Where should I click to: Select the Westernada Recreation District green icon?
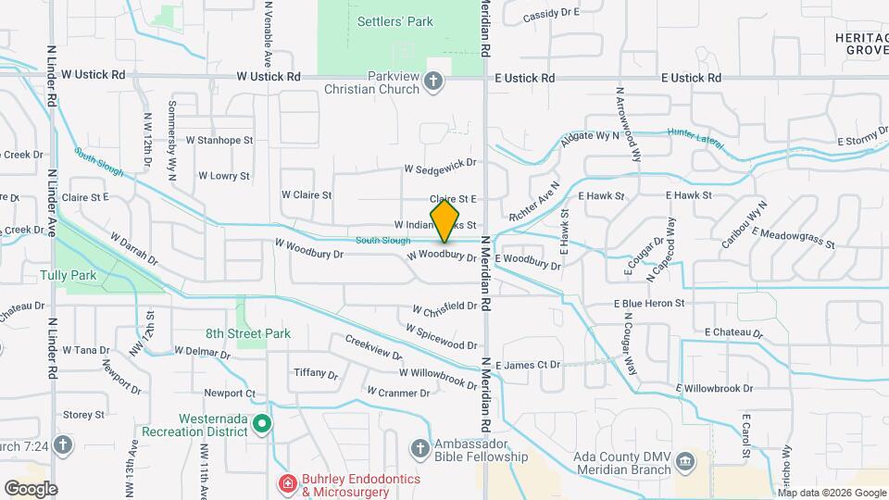point(262,424)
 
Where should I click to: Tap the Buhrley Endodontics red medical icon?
point(287,483)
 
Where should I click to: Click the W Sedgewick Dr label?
point(439,169)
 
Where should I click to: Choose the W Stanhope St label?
point(219,141)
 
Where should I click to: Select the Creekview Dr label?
point(373,348)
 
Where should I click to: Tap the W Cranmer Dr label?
point(398,392)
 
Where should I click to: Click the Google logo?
point(31,488)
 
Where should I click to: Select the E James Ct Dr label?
point(528,365)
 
